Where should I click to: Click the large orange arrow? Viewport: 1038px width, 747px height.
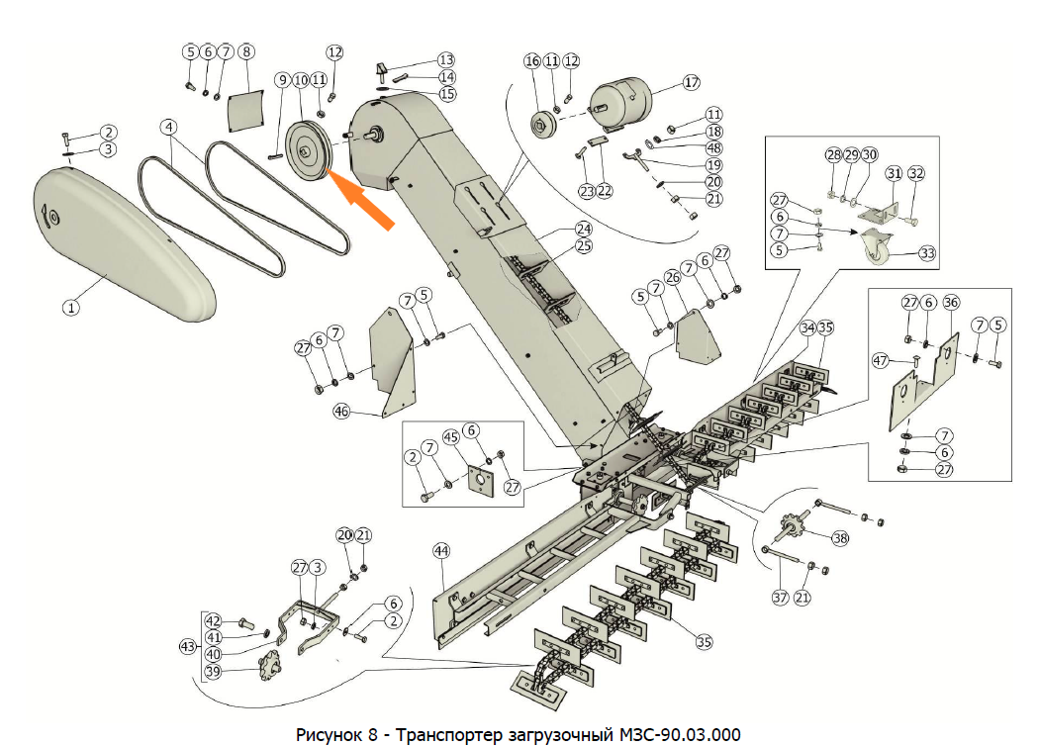[364, 199]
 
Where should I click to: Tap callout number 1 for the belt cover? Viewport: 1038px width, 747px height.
[71, 308]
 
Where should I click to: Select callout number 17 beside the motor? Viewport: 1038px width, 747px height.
[691, 83]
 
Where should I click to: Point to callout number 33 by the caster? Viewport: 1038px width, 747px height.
[927, 253]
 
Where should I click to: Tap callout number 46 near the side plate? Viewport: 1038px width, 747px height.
[342, 411]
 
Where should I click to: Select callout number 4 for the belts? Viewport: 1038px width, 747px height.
[170, 128]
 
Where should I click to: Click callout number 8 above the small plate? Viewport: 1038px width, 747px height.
[246, 50]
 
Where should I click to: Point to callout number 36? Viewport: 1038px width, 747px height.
[951, 301]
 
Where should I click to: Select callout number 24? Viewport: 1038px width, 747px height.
[584, 229]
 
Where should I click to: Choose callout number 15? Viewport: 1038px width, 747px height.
[447, 94]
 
